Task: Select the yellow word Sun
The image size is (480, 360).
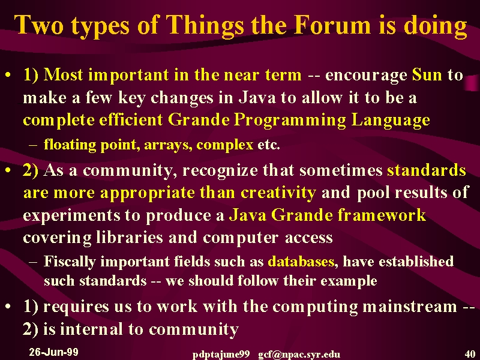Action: pos(427,74)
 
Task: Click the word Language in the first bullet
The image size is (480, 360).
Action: pos(391,121)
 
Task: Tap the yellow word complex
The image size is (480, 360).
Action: pos(224,145)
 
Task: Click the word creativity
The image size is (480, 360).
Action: pos(278,193)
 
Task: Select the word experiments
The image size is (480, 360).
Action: pos(72,215)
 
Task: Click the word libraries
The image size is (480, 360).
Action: pos(130,237)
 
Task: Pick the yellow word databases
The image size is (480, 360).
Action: pos(301,262)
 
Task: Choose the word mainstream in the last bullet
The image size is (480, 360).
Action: pos(410,307)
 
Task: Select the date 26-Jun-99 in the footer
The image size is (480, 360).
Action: pos(53,352)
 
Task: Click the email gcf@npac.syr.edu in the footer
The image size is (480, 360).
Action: pos(299,355)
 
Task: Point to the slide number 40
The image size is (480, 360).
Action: pos(470,354)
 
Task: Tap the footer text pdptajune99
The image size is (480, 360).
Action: pos(221,355)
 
